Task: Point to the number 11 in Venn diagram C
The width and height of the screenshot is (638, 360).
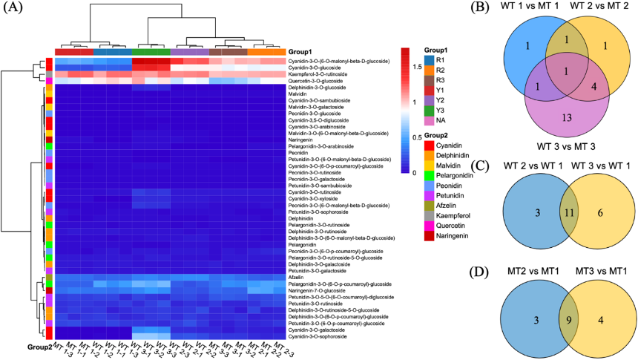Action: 568,211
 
